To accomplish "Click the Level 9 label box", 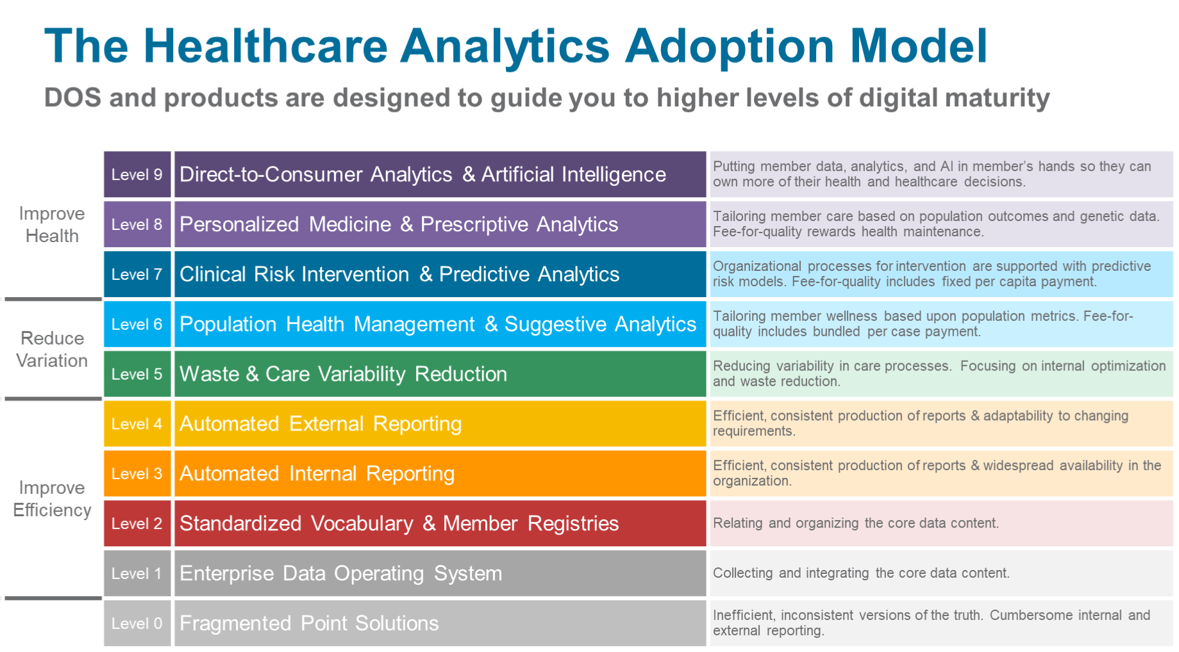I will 137,174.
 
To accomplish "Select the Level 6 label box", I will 137,324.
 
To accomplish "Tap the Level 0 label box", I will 137,623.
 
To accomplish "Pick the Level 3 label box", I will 137,473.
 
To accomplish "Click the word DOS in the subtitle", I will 72,98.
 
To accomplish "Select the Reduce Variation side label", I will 52,349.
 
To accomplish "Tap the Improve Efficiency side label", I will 52,498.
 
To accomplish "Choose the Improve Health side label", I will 52,224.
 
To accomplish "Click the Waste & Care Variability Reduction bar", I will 440,374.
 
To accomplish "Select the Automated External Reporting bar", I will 440,424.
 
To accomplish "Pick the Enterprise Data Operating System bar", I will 440,573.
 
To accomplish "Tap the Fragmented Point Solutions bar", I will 440,623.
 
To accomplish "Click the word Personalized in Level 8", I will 239,224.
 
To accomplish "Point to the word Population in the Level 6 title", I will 228,324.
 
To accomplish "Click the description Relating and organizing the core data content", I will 856,523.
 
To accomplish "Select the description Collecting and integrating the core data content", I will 861,573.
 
